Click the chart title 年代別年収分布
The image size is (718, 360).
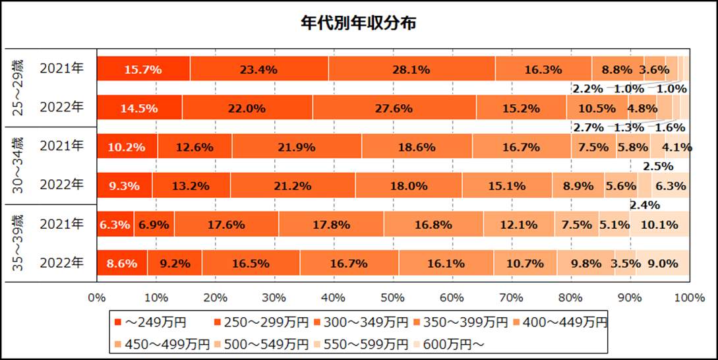coord(358,23)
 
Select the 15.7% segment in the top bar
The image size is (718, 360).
coord(144,69)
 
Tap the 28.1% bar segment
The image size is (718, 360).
coord(411,69)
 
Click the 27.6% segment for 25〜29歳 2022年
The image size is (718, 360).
coord(394,108)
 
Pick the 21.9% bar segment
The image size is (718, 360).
coord(297,147)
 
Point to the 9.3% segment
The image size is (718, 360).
coord(125,186)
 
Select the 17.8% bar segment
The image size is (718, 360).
coord(331,225)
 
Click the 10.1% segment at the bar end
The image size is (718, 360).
coord(659,225)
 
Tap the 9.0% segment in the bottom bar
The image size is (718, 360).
coord(663,264)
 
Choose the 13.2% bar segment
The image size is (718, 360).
coord(191,186)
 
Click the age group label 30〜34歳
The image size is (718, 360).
coord(20,166)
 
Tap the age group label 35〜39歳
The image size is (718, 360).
coord(20,244)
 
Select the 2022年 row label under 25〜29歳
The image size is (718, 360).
coord(62,108)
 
